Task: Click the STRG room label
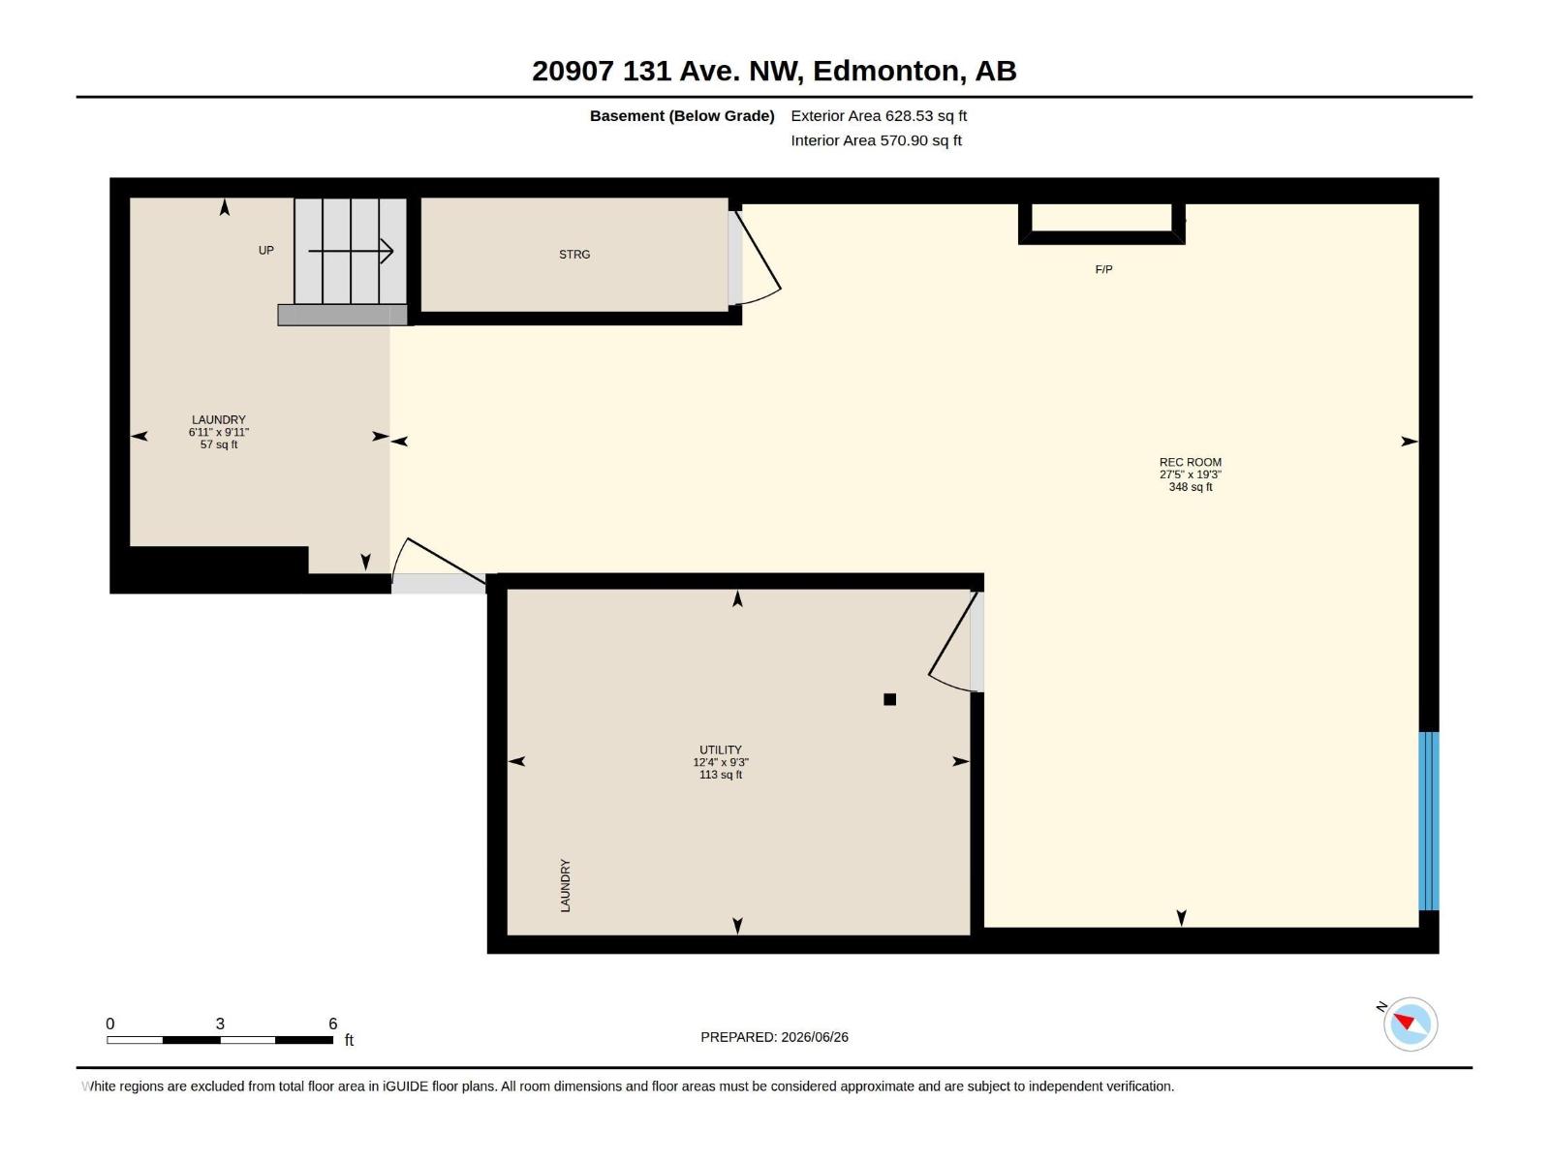(x=574, y=254)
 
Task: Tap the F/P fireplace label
(x=1103, y=269)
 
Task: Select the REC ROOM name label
(x=1190, y=463)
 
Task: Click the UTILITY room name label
(x=721, y=749)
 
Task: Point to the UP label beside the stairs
(x=265, y=251)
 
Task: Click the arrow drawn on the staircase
(x=351, y=251)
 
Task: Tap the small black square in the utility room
(x=889, y=699)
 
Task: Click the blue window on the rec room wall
(x=1429, y=820)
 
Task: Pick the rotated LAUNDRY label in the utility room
(x=565, y=885)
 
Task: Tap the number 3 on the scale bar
(x=220, y=1024)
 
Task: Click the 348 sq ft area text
(x=1191, y=487)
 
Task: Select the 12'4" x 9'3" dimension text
(x=721, y=762)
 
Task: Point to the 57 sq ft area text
(x=219, y=444)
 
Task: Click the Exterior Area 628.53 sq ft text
(x=879, y=115)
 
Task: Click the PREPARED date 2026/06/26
(x=814, y=1037)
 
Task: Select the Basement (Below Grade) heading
(x=682, y=115)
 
